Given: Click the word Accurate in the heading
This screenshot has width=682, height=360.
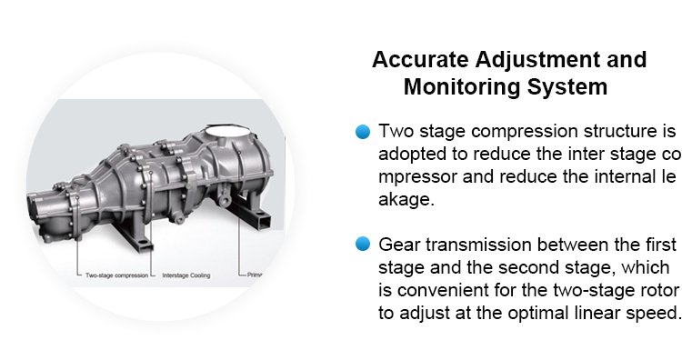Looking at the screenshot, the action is (x=420, y=59).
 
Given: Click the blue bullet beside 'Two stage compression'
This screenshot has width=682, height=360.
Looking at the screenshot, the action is (x=363, y=131).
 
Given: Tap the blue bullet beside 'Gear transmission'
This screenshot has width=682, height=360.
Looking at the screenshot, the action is (x=363, y=244).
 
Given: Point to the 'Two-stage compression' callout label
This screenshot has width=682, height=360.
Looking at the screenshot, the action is (x=116, y=275).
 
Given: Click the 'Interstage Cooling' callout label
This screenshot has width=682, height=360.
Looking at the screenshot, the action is (x=186, y=275).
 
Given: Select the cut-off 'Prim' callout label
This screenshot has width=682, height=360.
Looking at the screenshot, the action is (x=255, y=275).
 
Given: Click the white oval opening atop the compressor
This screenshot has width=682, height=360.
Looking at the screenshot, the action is (x=226, y=131).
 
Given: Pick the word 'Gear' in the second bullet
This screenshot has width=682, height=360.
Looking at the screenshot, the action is (x=399, y=245).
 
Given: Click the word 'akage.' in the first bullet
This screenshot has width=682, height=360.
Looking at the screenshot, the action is (x=406, y=200).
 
